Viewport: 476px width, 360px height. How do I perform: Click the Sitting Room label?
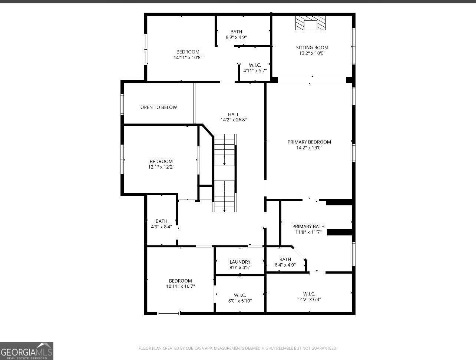[312, 47]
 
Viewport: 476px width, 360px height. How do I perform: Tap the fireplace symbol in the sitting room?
[311, 23]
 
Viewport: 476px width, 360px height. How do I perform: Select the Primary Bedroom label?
[309, 142]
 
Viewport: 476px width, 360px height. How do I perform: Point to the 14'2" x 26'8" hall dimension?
[234, 120]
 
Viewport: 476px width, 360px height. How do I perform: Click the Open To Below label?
[158, 107]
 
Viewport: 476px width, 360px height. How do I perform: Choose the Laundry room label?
[240, 262]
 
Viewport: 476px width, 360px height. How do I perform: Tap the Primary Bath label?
[308, 227]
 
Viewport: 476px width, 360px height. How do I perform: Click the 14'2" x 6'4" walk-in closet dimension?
[309, 300]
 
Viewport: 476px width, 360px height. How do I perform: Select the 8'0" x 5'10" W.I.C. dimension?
[240, 301]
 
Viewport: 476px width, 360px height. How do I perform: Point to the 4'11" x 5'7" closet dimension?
[255, 70]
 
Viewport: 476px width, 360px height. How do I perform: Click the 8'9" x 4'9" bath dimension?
[236, 37]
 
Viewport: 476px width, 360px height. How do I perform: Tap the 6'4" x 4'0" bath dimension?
[285, 265]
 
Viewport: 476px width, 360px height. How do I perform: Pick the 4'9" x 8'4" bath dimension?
[161, 227]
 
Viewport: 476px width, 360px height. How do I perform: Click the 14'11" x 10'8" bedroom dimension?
[188, 57]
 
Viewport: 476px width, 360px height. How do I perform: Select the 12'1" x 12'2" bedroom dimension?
[161, 167]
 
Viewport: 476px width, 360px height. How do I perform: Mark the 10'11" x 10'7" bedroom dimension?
[180, 286]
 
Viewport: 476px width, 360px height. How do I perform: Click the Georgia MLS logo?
[26, 351]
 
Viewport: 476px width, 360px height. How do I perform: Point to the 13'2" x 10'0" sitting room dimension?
[312, 53]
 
